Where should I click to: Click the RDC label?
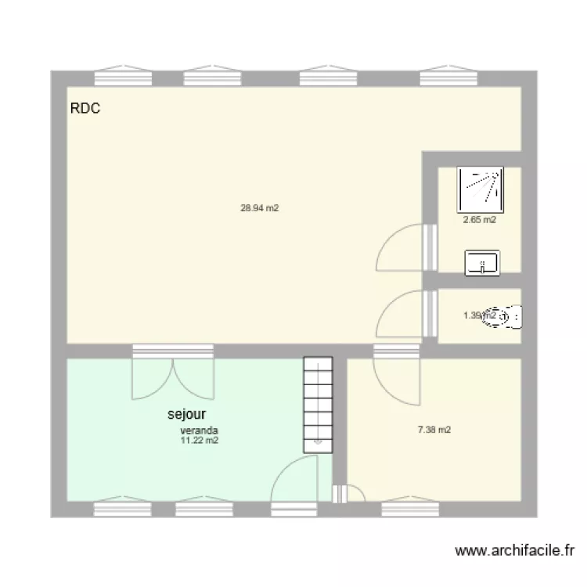click(x=85, y=110)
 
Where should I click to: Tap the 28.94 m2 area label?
click(x=260, y=208)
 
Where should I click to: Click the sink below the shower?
click(x=482, y=262)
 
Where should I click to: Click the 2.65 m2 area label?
click(x=479, y=220)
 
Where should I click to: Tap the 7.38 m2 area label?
click(x=434, y=430)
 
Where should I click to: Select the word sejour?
click(x=186, y=414)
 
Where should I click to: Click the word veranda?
click(x=199, y=430)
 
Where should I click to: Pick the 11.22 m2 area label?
click(x=199, y=441)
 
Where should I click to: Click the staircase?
click(x=318, y=404)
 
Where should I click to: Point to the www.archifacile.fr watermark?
click(x=515, y=551)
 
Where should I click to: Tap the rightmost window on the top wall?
click(x=447, y=76)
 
